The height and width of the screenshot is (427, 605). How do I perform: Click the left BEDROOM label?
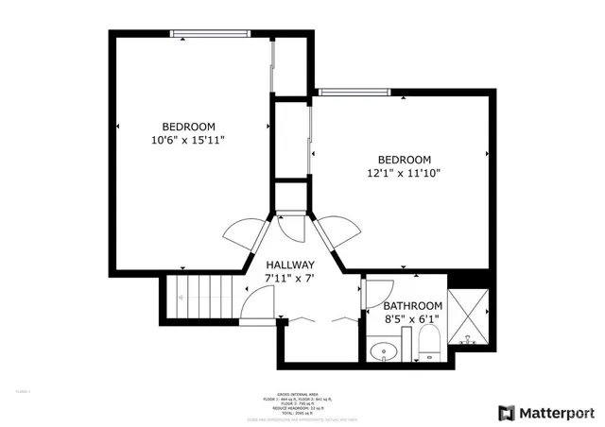click(188, 127)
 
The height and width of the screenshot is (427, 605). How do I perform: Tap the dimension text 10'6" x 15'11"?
click(188, 140)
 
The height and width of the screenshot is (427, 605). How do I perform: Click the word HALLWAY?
click(289, 265)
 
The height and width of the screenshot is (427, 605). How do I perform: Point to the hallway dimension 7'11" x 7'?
click(289, 279)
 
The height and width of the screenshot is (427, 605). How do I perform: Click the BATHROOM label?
click(412, 306)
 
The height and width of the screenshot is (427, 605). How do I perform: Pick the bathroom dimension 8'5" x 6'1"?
click(412, 320)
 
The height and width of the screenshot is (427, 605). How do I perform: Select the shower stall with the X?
click(469, 316)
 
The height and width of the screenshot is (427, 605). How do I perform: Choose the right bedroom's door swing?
click(336, 232)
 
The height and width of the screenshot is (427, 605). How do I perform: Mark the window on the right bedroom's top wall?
click(354, 93)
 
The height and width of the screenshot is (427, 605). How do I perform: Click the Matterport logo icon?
click(507, 413)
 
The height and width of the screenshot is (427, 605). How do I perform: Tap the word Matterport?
click(558, 413)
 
